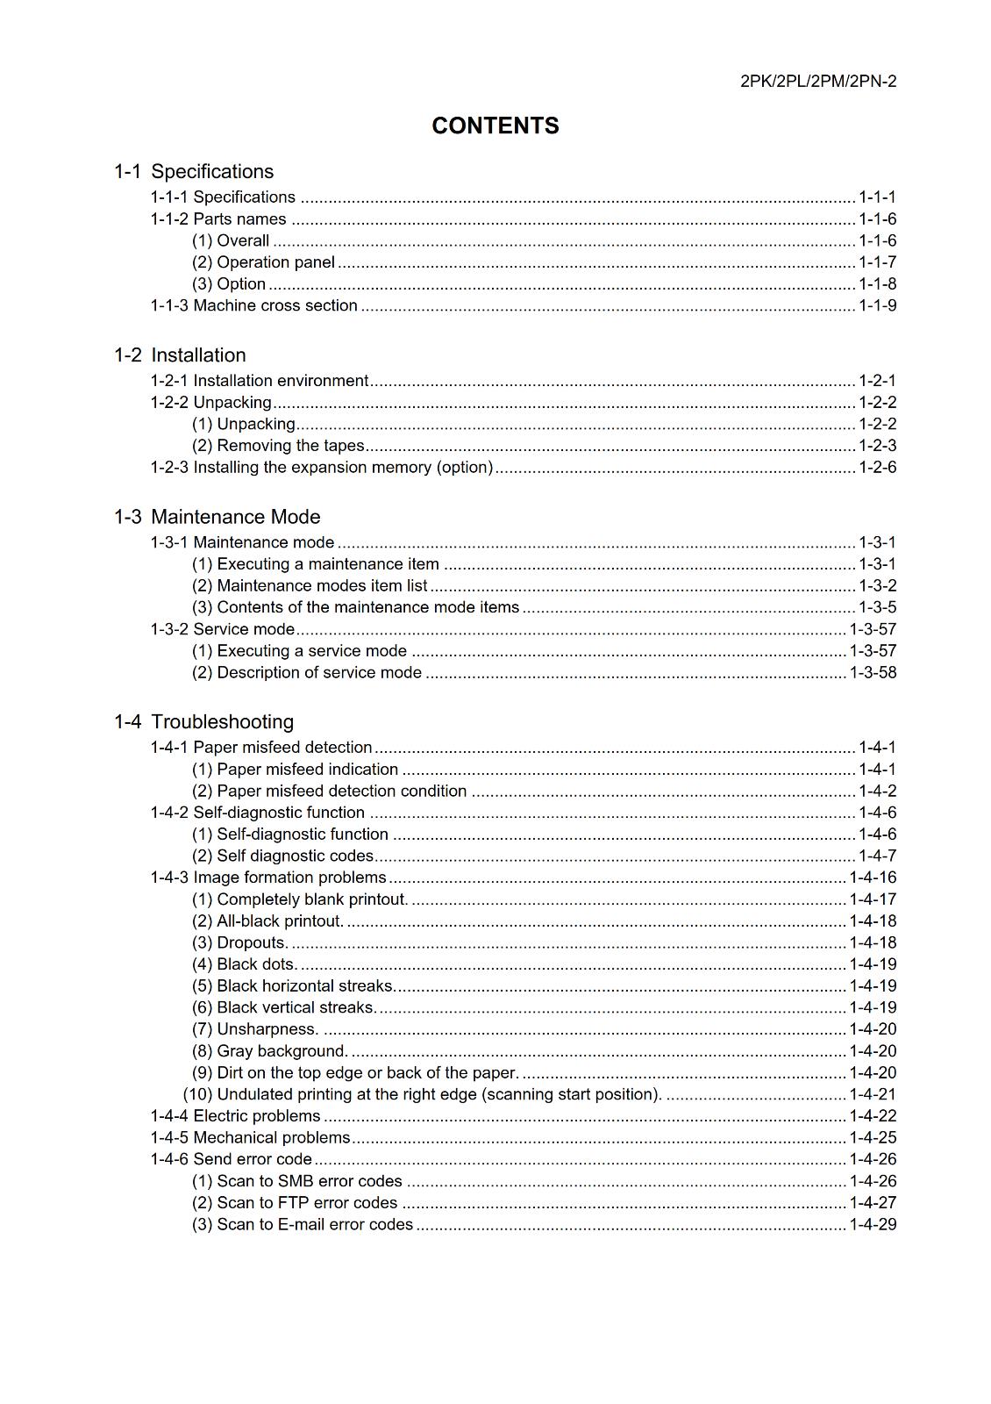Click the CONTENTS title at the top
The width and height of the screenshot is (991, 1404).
click(495, 126)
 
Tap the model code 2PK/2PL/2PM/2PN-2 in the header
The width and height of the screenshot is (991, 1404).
click(817, 82)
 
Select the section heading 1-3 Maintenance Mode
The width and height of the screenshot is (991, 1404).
click(217, 517)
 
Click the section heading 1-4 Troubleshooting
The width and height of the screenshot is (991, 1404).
click(203, 721)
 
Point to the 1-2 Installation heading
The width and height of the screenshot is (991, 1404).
click(180, 355)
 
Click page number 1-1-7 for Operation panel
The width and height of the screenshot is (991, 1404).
click(877, 262)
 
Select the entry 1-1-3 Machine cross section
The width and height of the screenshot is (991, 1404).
click(254, 305)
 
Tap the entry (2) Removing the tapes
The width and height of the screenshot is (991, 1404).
click(278, 446)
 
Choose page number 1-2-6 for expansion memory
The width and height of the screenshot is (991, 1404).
click(877, 468)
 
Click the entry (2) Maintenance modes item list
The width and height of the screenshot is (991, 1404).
click(310, 586)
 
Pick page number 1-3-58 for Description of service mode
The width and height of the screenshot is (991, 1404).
click(873, 673)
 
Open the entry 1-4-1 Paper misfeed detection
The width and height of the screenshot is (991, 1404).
click(261, 748)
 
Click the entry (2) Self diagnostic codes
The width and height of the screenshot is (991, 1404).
click(282, 856)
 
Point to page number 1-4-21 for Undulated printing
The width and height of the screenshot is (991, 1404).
click(873, 1095)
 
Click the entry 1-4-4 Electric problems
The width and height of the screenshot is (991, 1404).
click(235, 1116)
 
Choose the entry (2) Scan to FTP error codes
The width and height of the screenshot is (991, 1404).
click(295, 1203)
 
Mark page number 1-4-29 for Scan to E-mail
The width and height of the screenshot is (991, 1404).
click(873, 1225)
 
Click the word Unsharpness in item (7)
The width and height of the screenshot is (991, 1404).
click(267, 1029)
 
